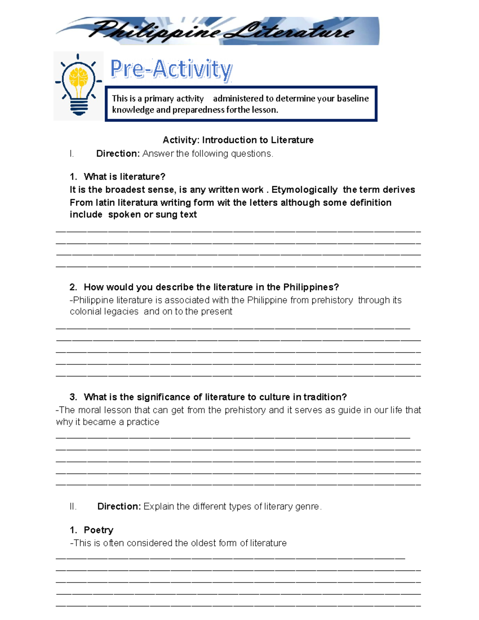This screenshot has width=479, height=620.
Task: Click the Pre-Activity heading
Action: pos(171,69)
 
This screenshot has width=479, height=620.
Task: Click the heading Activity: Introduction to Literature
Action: pos(238,140)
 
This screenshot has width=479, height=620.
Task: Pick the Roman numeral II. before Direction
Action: pos(73,506)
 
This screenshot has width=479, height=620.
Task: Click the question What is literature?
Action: pos(124,176)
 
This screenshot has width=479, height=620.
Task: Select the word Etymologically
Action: pos(304,190)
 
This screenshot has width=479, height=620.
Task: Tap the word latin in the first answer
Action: pos(105,202)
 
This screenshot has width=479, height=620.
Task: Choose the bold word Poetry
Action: pos(98,530)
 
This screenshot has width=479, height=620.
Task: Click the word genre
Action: pos(307,506)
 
